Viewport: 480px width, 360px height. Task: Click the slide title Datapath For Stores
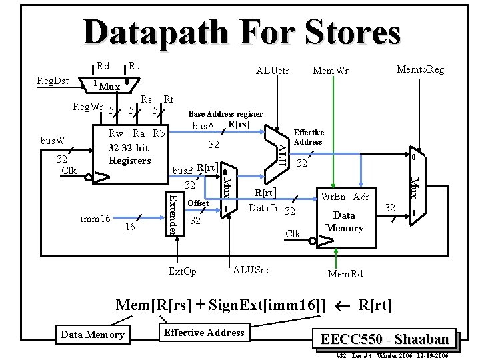point(241,32)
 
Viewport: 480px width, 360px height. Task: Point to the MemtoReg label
point(420,69)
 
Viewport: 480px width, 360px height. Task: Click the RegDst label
point(53,81)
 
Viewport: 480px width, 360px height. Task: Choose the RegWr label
point(88,107)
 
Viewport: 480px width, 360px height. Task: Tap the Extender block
point(173,213)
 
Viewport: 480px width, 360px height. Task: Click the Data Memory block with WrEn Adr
point(344,217)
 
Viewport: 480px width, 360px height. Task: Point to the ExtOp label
point(182,271)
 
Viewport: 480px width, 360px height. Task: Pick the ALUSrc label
point(251,269)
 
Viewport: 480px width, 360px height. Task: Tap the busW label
point(53,141)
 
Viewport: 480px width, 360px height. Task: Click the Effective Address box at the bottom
point(204,333)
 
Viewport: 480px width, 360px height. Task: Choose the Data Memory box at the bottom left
point(92,334)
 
